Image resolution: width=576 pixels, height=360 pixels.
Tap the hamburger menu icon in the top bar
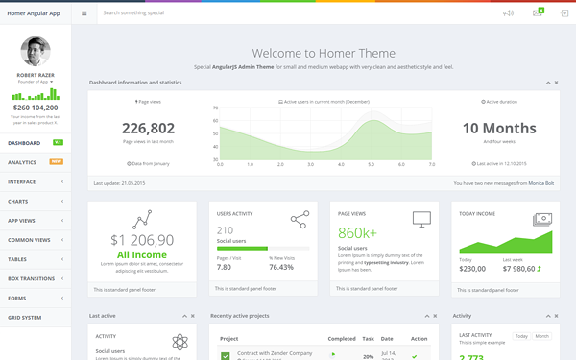(84, 13)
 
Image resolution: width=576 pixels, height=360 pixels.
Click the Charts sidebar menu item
(17, 202)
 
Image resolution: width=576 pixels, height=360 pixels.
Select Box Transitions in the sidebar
(31, 278)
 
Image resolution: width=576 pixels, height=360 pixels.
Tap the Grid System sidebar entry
(24, 317)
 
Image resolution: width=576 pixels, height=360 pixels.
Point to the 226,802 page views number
(148, 129)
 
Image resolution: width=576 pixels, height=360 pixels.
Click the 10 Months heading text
(499, 129)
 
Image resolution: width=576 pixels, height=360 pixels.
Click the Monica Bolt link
(540, 182)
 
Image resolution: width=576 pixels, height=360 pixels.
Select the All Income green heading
(142, 255)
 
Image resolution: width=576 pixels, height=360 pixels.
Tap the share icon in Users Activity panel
(300, 220)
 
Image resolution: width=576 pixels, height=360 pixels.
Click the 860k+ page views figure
(357, 233)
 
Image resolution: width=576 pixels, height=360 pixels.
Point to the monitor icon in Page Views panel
(421, 219)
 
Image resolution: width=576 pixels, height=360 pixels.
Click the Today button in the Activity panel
(521, 336)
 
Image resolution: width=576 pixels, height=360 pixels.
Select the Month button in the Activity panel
(542, 336)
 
